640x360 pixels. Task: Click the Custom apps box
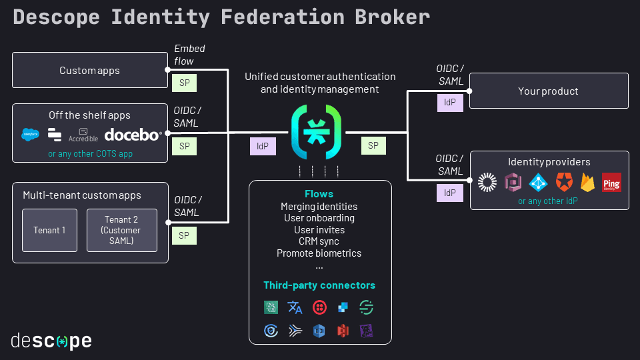coord(90,71)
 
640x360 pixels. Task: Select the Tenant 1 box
coord(49,230)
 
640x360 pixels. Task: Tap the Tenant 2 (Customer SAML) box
coord(122,230)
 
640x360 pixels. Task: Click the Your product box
coord(549,91)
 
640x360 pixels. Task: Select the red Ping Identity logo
coord(611,182)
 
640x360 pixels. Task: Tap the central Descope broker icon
coord(317,133)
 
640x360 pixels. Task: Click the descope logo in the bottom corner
coord(51,341)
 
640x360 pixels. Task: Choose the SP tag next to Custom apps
coord(184,83)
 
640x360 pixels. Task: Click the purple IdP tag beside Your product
coord(450,103)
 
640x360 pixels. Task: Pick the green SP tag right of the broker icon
coord(373,145)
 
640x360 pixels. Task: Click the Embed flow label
coord(189,55)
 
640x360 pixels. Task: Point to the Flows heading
coord(319,194)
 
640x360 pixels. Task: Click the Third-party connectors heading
coord(319,285)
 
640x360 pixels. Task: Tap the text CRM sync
coord(319,241)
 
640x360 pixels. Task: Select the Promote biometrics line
coord(319,253)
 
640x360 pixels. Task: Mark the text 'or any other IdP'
coord(548,201)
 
